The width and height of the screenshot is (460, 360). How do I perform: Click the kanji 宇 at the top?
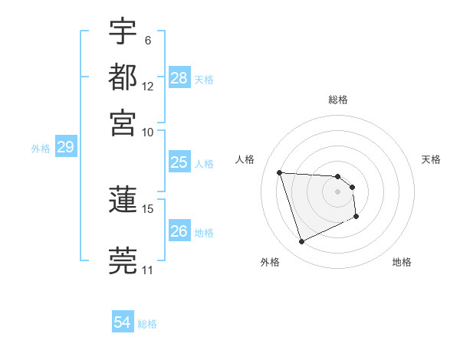(123, 33)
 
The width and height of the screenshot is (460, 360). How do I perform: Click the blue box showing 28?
(179, 78)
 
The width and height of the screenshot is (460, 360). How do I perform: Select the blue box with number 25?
(179, 162)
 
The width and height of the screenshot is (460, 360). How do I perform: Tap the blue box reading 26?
(179, 231)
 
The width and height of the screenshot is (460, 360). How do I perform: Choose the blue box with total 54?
(123, 323)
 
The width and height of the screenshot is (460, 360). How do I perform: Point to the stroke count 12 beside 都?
(148, 86)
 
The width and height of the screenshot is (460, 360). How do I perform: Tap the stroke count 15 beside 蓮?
(148, 208)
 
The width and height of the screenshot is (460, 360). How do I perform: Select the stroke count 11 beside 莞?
(147, 270)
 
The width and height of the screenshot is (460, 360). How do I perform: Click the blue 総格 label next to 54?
(147, 324)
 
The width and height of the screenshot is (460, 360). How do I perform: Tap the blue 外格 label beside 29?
(41, 149)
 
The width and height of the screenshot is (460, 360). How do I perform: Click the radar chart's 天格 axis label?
(432, 159)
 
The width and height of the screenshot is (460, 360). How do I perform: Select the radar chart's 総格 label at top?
(338, 100)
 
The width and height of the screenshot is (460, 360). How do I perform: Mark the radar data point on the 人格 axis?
(280, 172)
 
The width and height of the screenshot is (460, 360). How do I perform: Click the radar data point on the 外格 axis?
(302, 242)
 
